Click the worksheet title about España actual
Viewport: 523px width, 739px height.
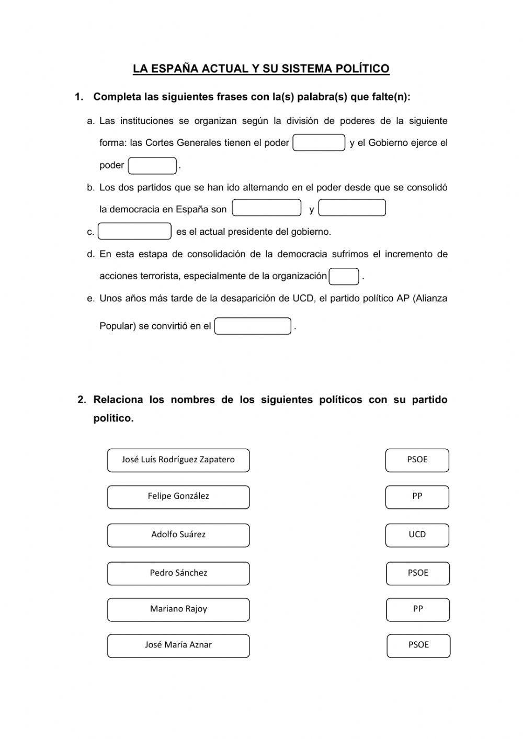261,69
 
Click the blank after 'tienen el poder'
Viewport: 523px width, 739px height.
319,143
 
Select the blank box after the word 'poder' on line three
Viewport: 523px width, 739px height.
152,166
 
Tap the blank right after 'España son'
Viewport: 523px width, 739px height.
266,208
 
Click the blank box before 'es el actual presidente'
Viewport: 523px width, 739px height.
134,231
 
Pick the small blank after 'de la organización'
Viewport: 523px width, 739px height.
344,276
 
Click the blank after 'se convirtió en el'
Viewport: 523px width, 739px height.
253,326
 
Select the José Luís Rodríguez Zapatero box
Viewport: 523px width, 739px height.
178,460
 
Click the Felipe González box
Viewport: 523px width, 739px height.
178,497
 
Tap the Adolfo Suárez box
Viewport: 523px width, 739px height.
178,535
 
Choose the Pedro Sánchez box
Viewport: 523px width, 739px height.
178,573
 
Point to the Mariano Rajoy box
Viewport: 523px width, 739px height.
178,609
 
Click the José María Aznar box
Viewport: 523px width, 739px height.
178,645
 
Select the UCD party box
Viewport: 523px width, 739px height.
417,535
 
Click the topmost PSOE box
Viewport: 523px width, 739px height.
417,460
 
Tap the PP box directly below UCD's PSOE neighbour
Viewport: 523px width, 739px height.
418,609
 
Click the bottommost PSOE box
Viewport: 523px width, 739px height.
418,645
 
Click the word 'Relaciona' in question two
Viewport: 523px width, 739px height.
118,400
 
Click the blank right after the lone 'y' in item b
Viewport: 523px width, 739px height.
352,208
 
